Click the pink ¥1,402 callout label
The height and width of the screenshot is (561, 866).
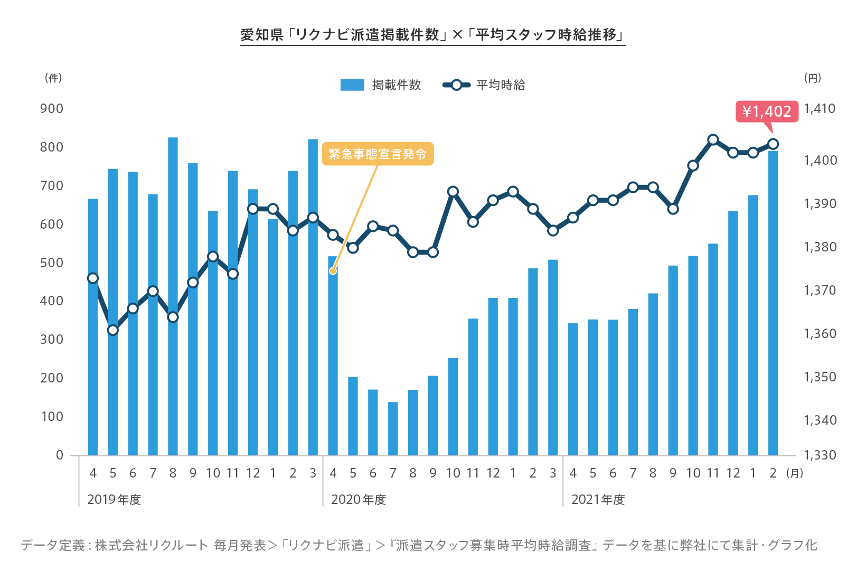click(x=767, y=111)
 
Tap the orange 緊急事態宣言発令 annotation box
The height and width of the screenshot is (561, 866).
click(x=378, y=154)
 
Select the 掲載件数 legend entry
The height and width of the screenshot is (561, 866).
click(x=381, y=85)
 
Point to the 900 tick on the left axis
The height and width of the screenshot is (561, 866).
click(x=52, y=109)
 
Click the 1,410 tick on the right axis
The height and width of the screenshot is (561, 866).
click(x=820, y=109)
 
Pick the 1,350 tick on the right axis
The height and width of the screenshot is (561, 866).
click(x=820, y=377)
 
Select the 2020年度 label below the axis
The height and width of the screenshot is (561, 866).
click(x=359, y=500)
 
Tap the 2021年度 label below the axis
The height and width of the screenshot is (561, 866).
click(x=598, y=500)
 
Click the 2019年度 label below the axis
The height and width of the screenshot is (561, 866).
click(x=114, y=500)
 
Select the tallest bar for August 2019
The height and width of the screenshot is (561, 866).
click(x=173, y=296)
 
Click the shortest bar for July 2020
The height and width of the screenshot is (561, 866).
click(x=393, y=428)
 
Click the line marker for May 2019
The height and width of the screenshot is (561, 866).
click(x=112, y=330)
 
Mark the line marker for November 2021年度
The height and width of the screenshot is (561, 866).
click(x=713, y=140)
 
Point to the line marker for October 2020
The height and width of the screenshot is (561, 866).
click(x=453, y=192)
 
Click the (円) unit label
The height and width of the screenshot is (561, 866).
click(x=813, y=78)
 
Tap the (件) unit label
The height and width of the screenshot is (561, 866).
click(x=53, y=78)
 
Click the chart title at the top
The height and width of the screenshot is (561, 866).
click(x=432, y=35)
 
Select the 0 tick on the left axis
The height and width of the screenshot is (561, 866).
click(x=60, y=455)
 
